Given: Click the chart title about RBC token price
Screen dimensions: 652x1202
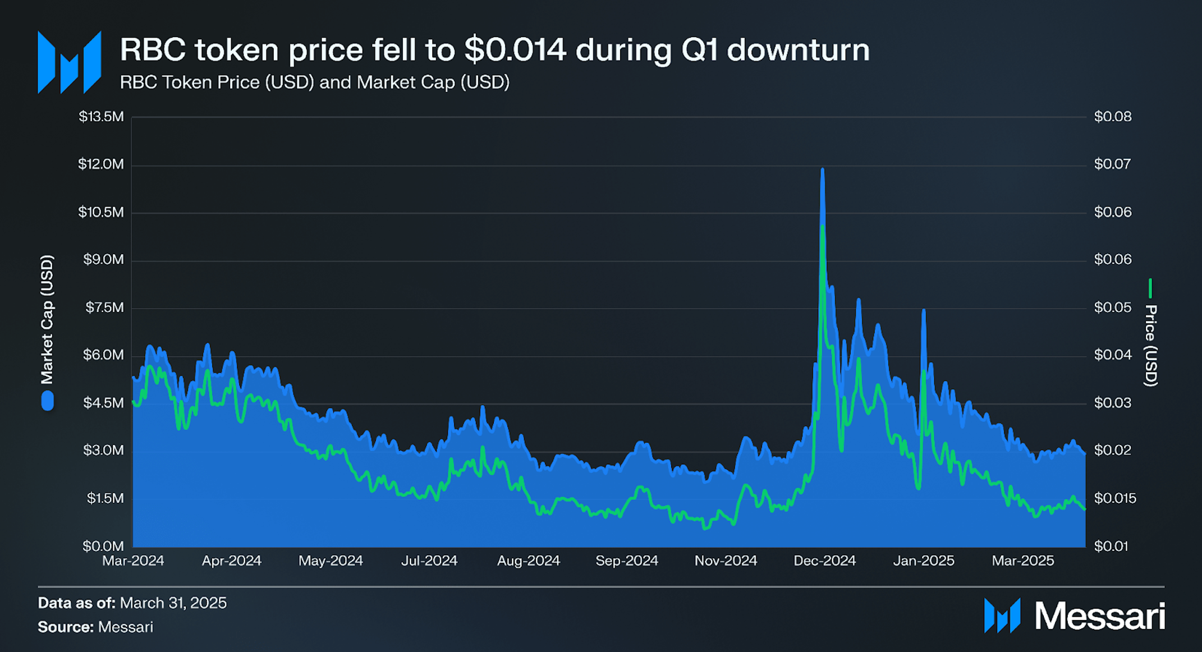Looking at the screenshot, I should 494,50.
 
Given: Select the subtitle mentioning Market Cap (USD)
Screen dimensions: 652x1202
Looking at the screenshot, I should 314,82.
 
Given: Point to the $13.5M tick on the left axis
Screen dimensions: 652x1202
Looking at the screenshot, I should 101,117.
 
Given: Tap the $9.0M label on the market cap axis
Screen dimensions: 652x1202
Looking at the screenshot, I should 103,259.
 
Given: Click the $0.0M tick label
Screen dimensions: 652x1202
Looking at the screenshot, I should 103,546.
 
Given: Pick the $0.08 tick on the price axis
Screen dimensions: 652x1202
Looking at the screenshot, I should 1112,117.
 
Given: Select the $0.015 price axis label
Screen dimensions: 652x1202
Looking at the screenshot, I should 1114,498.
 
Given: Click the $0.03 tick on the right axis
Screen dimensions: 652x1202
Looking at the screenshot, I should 1112,403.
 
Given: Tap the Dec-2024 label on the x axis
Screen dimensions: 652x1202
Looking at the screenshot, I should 824,561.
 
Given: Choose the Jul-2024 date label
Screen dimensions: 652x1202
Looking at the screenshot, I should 429,561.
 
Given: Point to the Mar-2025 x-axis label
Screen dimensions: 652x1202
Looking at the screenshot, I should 1022,561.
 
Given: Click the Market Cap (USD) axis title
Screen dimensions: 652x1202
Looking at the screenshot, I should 47,319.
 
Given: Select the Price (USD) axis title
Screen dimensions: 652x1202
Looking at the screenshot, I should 1150,345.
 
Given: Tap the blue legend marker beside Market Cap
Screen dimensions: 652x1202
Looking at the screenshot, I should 48,401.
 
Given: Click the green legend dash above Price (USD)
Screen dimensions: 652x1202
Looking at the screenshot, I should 1150,288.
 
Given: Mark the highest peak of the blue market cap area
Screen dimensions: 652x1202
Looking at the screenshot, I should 822,169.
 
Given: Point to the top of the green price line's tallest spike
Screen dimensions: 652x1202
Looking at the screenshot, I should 823,226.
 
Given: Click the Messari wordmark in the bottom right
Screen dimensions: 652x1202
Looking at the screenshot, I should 1099,616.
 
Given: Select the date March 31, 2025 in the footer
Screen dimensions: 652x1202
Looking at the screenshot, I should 173,603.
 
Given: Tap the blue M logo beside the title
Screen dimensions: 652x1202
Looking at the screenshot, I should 69,62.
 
